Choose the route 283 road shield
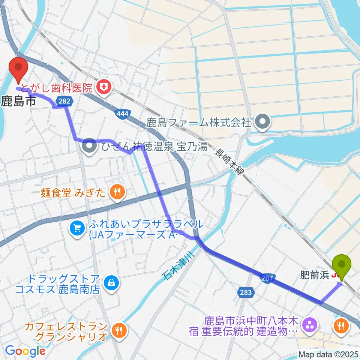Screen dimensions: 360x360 246,291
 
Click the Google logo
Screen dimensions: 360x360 25,351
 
